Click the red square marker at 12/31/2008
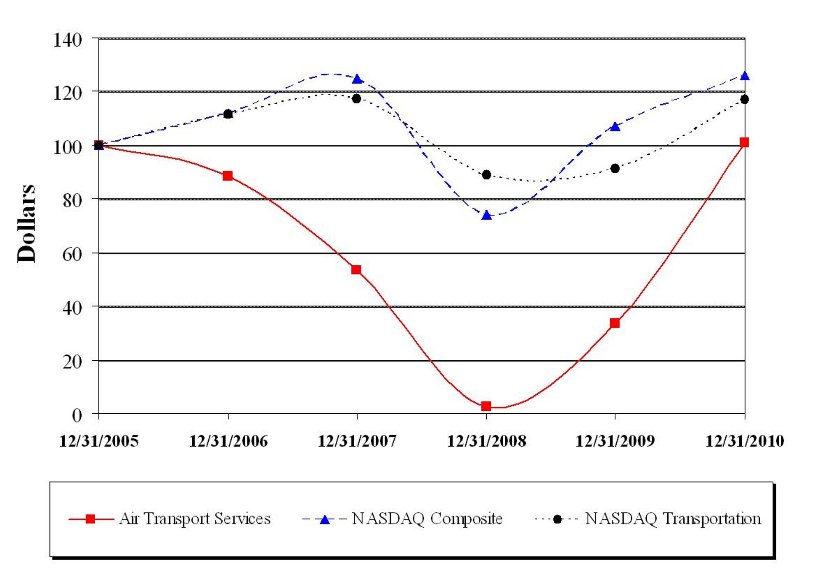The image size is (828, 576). tap(486, 406)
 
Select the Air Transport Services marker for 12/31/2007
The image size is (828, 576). tap(356, 270)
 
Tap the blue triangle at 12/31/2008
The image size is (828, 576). tap(486, 216)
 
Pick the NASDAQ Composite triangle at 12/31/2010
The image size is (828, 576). tap(745, 76)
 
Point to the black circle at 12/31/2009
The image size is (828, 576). tap(615, 169)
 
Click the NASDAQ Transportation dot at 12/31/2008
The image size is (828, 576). tap(486, 174)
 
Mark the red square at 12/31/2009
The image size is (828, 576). tap(615, 323)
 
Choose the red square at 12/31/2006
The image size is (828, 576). tap(228, 176)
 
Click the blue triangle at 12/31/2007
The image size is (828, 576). tap(357, 79)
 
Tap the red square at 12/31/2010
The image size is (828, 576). tap(744, 142)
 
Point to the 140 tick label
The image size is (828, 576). tap(67, 40)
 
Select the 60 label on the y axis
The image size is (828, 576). tap(72, 254)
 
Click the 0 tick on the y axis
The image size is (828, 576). tap(77, 415)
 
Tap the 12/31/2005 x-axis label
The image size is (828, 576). tap(99, 441)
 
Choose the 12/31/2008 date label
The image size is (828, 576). tap(486, 441)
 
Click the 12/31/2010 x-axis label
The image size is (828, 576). tap(745, 441)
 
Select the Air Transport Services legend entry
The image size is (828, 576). tap(194, 519)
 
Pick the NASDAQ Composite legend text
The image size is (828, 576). tap(427, 519)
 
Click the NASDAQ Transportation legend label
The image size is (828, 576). tap(673, 519)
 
